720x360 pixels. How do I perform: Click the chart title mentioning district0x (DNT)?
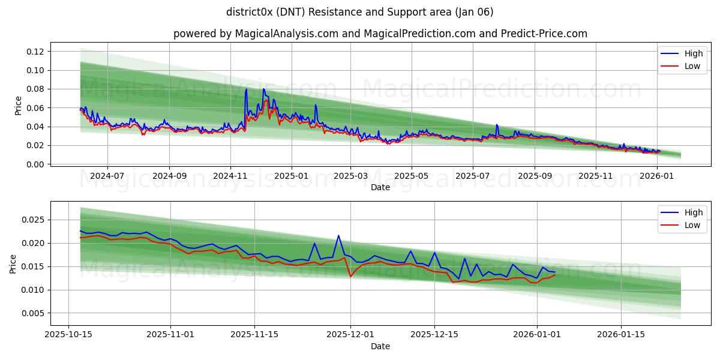tap(360, 12)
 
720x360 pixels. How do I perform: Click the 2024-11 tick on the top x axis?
tap(230, 176)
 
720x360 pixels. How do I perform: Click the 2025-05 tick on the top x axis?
tap(412, 176)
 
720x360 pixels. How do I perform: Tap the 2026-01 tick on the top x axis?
tap(658, 176)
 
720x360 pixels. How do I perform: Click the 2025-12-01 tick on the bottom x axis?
tap(350, 335)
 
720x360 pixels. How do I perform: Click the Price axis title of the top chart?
tap(18, 105)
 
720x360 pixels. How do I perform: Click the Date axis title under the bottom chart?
tap(380, 346)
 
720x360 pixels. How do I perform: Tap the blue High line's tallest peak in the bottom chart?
tap(338, 235)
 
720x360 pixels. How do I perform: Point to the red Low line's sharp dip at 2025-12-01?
tap(350, 276)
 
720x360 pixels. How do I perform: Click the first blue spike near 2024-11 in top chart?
tap(246, 89)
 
